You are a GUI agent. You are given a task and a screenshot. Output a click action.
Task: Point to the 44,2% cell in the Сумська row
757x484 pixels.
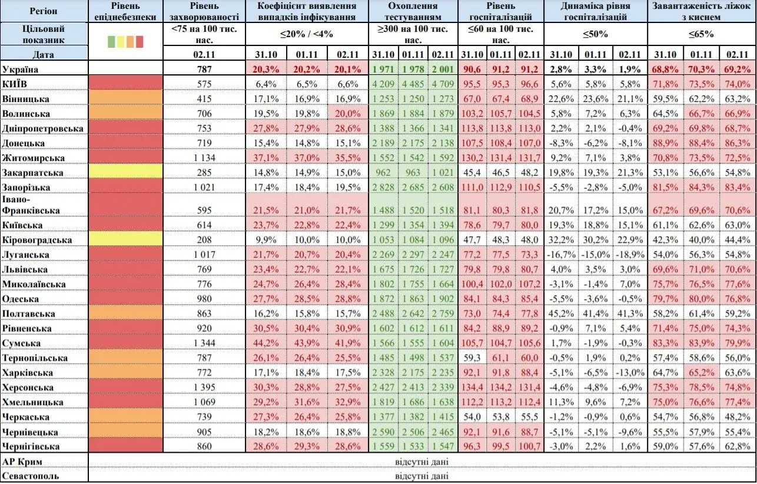tap(268, 343)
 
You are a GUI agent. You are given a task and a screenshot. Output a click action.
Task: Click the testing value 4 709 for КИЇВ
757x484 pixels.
tap(442, 84)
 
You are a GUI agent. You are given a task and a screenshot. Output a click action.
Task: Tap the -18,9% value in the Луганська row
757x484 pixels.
tap(629, 255)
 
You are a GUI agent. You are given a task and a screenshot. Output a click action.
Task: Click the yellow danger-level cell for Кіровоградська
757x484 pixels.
tap(125, 240)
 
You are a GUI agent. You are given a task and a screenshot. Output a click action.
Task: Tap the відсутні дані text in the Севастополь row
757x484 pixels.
tap(421, 476)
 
